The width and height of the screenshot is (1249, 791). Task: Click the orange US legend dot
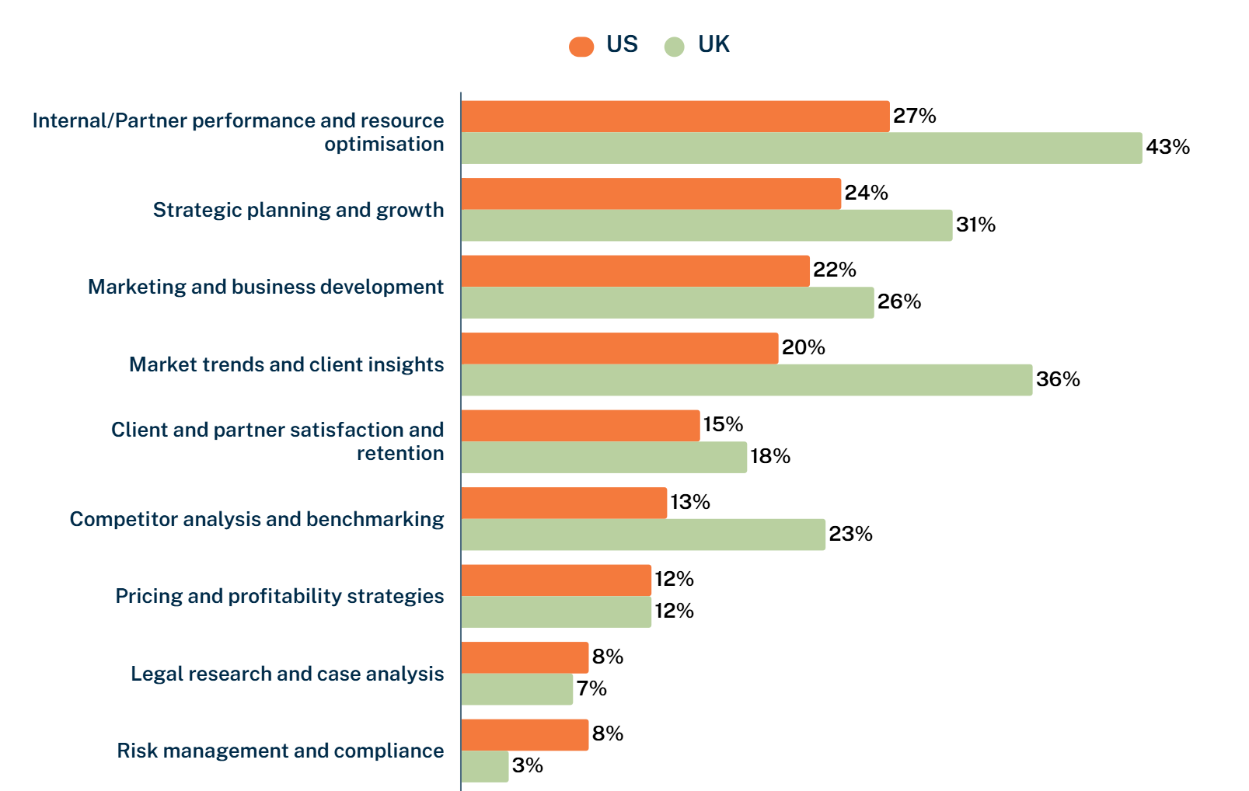pyautogui.click(x=581, y=47)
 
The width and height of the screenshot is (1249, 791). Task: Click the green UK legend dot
pyautogui.click(x=674, y=47)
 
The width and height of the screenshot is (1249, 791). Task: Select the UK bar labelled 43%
pyautogui.click(x=801, y=148)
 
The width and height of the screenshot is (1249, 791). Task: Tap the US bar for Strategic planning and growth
pyautogui.click(x=651, y=193)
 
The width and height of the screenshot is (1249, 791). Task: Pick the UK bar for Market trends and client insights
pyautogui.click(x=746, y=380)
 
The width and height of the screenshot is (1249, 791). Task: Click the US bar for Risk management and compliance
pyautogui.click(x=525, y=735)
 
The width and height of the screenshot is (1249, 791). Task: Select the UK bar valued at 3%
pyautogui.click(x=485, y=767)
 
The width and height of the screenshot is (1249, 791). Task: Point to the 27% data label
pyautogui.click(x=914, y=116)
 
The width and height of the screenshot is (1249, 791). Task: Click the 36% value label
pyautogui.click(x=1058, y=379)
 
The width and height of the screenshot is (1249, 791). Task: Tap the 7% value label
pyautogui.click(x=591, y=688)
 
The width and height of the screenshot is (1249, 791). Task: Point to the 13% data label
pyautogui.click(x=690, y=502)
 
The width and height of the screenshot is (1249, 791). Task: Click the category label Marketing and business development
pyautogui.click(x=266, y=287)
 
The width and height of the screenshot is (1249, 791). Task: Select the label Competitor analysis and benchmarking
pyautogui.click(x=256, y=519)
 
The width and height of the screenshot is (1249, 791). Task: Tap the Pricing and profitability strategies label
pyautogui.click(x=280, y=596)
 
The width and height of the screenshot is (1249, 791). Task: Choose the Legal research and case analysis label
pyautogui.click(x=287, y=674)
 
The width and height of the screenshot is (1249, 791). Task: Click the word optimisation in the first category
pyautogui.click(x=384, y=145)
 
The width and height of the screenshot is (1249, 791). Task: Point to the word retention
pyautogui.click(x=400, y=454)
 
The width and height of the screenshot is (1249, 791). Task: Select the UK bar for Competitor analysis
pyautogui.click(x=643, y=535)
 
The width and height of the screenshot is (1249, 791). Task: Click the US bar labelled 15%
pyautogui.click(x=580, y=426)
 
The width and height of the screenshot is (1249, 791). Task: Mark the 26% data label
pyautogui.click(x=899, y=301)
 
